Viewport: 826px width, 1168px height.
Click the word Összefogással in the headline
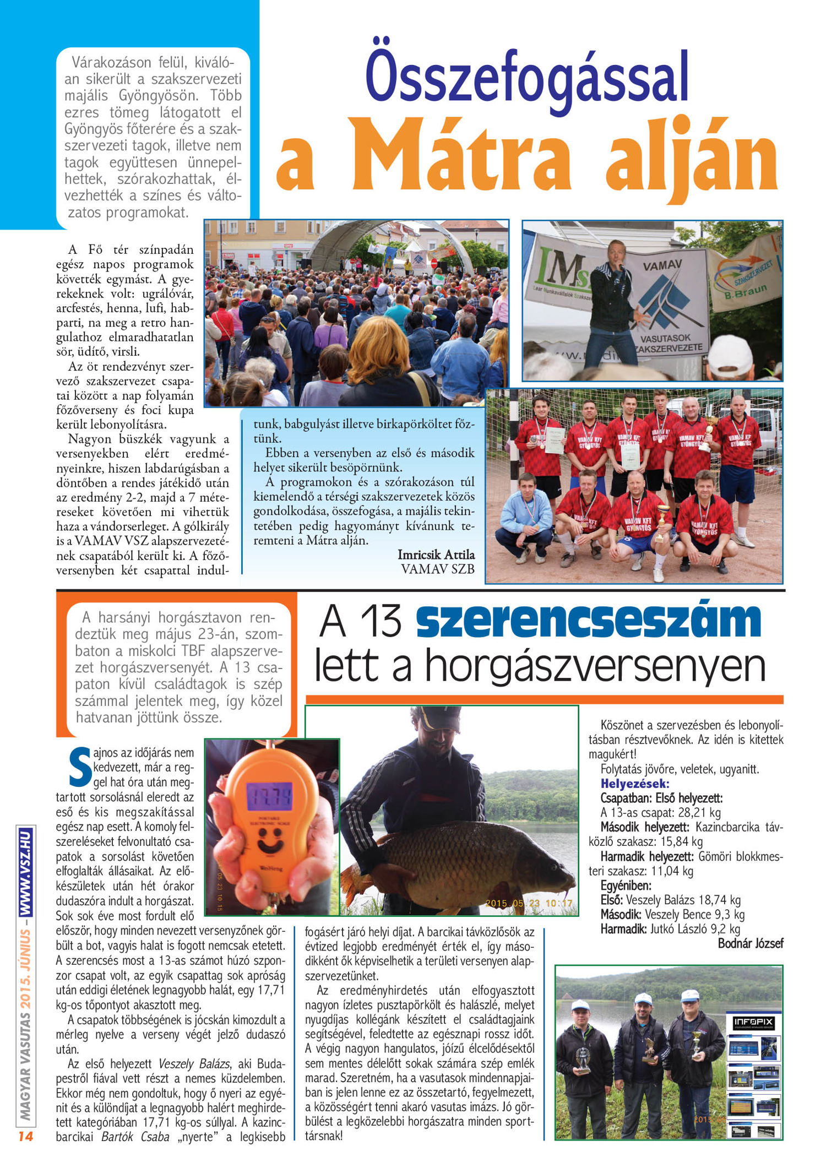coord(527,77)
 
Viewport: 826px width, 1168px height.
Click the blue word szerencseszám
coord(588,621)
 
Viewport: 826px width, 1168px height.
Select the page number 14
coord(25,1136)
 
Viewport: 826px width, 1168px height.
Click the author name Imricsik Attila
coord(436,555)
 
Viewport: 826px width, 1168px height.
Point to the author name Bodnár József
coord(750,944)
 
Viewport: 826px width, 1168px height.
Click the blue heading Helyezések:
coord(634,784)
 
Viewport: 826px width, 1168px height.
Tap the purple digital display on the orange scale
coord(270,796)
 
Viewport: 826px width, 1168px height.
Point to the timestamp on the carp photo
coord(529,904)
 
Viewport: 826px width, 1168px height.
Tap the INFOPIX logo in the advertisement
coord(753,1023)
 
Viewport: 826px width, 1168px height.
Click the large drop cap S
coord(80,767)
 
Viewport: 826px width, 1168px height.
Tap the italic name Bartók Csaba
coord(135,1137)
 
